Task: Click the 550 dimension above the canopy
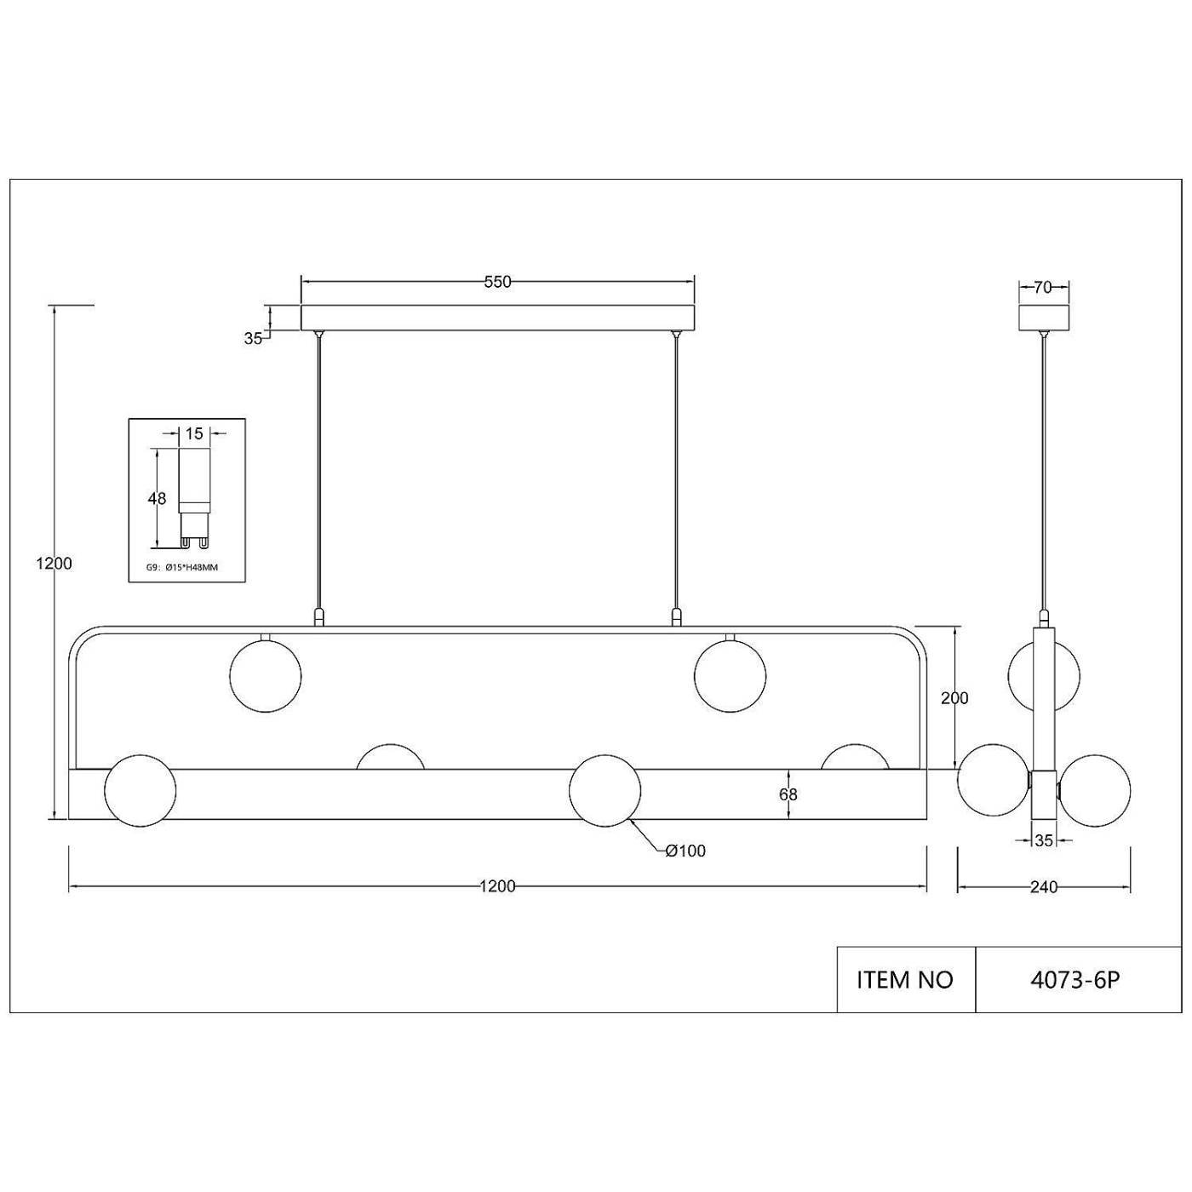point(497,282)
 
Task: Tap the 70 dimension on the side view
point(1043,288)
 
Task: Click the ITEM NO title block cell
point(906,981)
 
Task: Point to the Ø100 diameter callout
point(685,851)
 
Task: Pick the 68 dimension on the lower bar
point(788,795)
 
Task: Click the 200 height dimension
point(954,698)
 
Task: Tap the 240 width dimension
point(1044,888)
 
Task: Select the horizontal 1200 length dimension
point(497,886)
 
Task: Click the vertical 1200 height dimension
point(54,564)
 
